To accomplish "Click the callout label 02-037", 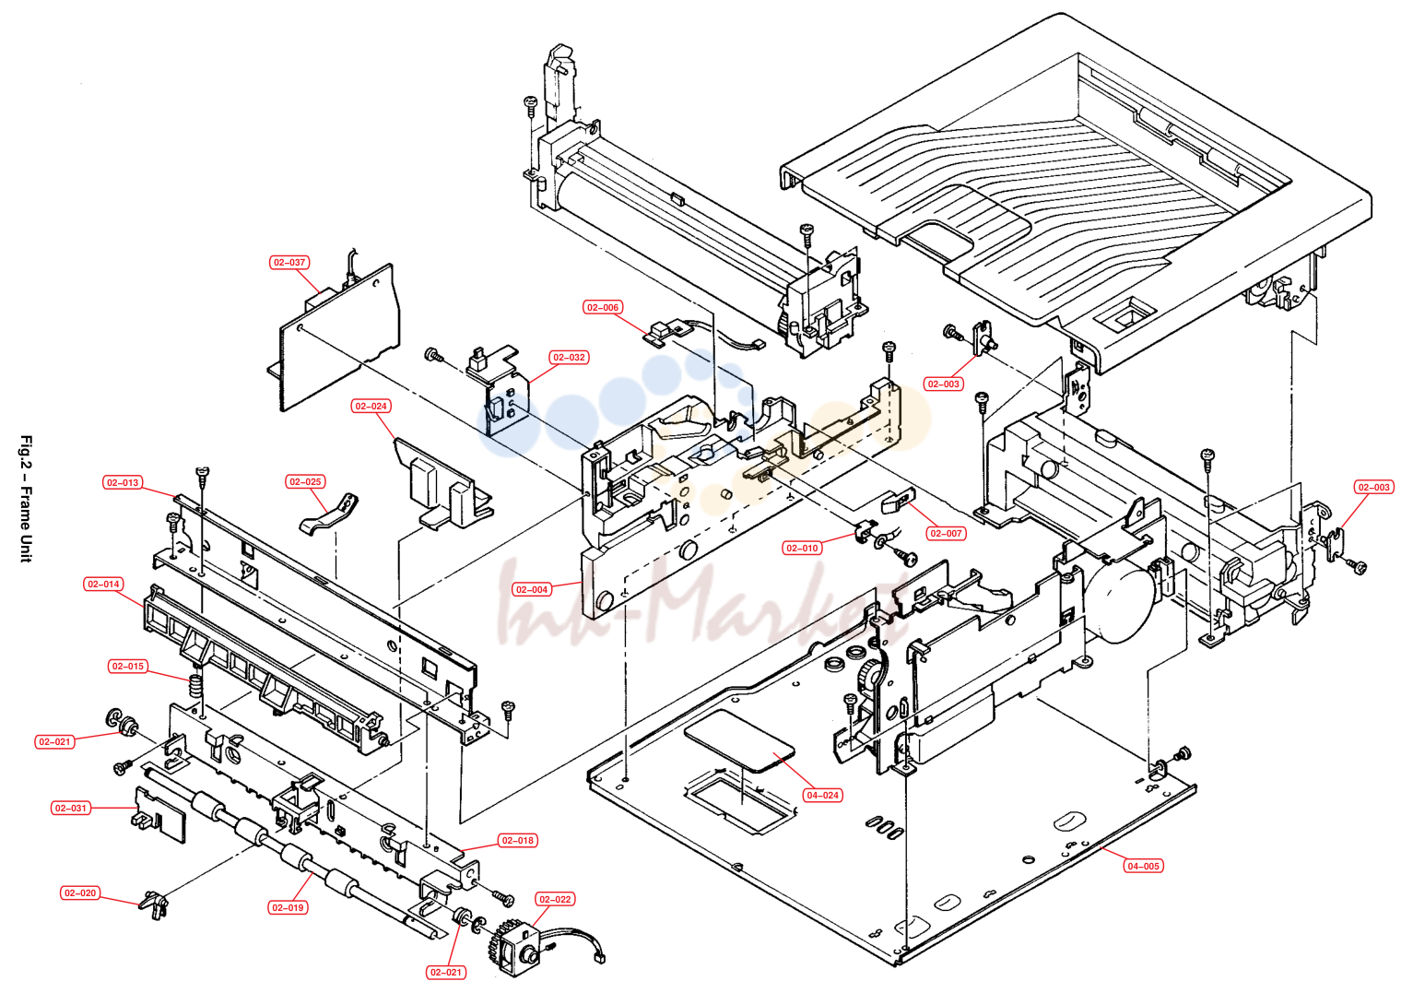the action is pyautogui.click(x=288, y=262).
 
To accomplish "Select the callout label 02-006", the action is pyautogui.click(x=603, y=307).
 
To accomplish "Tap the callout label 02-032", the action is pyautogui.click(x=569, y=357).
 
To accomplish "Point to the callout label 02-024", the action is pyautogui.click(x=371, y=406).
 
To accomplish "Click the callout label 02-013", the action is pyautogui.click(x=123, y=482).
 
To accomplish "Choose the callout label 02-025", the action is pyautogui.click(x=305, y=481).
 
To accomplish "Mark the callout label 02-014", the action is pyautogui.click(x=103, y=585).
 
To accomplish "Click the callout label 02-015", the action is pyautogui.click(x=127, y=667).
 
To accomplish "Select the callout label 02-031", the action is pyautogui.click(x=70, y=809).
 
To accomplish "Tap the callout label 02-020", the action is pyautogui.click(x=80, y=893).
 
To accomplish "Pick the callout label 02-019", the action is pyautogui.click(x=288, y=908).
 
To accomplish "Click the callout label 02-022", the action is pyautogui.click(x=555, y=899).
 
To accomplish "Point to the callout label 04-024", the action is pyautogui.click(x=822, y=795).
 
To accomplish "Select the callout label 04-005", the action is pyautogui.click(x=1143, y=866).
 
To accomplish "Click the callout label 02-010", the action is pyautogui.click(x=802, y=549).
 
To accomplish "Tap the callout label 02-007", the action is pyautogui.click(x=946, y=533).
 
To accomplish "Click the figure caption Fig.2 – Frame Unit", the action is pyautogui.click(x=26, y=499).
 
